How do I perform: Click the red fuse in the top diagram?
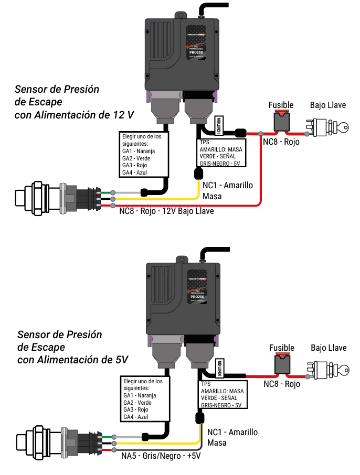[282, 122]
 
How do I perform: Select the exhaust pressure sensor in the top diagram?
[58, 198]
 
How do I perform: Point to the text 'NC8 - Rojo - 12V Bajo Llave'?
[167, 212]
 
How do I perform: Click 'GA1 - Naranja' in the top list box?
[139, 152]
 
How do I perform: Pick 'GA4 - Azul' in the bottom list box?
[136, 416]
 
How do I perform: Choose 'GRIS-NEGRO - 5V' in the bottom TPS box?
[221, 405]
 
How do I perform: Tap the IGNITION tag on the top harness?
[218, 124]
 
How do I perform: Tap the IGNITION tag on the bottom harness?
[220, 367]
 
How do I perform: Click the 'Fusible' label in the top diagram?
[281, 105]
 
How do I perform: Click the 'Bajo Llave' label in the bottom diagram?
[329, 348]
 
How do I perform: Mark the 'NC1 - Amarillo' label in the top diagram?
[227, 185]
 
